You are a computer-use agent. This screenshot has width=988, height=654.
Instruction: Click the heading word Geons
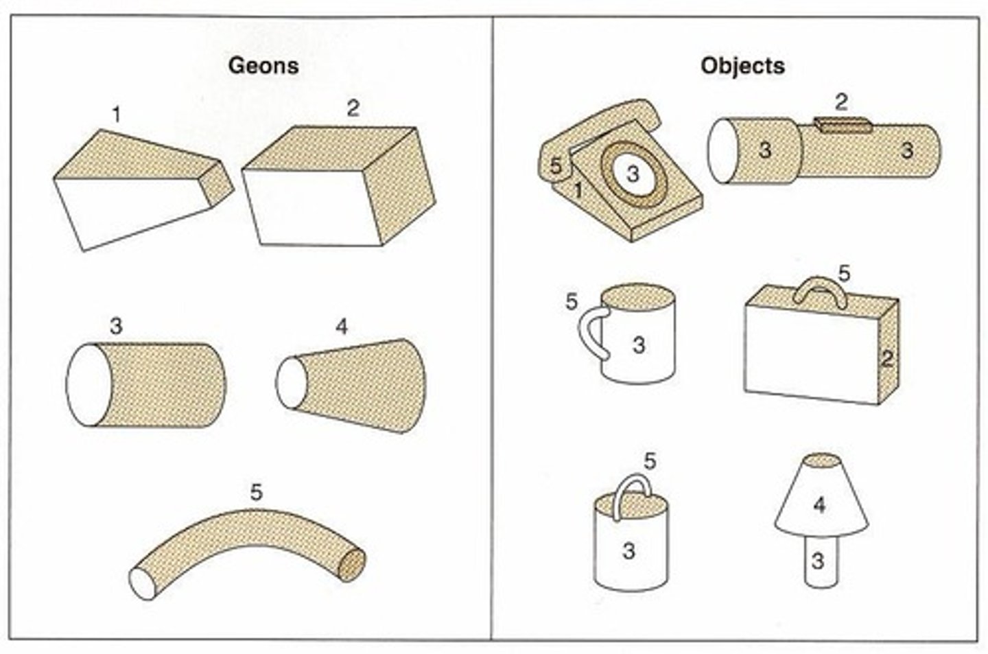263,66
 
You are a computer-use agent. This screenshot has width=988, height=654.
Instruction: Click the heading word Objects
742,66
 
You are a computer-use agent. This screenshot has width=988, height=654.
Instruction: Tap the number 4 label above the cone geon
341,327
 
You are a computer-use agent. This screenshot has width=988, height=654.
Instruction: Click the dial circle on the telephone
633,175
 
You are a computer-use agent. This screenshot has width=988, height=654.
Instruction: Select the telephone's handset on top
604,124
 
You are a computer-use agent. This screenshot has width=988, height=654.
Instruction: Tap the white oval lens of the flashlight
722,151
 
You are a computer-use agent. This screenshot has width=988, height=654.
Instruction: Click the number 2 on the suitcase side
887,358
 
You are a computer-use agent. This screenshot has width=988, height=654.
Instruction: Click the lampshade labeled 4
820,504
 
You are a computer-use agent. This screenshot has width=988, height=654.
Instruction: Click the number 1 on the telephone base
578,189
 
